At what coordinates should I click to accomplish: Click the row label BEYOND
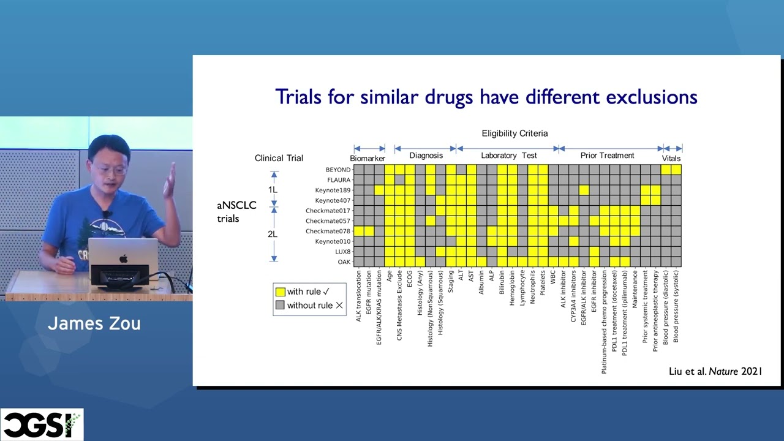point(338,170)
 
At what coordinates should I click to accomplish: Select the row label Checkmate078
point(328,231)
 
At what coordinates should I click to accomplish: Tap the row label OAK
point(344,262)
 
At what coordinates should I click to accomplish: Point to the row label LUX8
point(342,252)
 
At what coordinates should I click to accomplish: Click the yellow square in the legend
point(281,292)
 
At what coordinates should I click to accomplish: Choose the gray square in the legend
point(281,305)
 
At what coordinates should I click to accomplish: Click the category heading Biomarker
point(367,158)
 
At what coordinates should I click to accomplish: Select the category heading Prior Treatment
point(607,156)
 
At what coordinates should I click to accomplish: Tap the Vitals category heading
point(671,158)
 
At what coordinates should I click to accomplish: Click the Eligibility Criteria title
point(514,133)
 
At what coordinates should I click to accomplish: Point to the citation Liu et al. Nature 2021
point(715,371)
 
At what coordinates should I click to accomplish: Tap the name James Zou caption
point(94,323)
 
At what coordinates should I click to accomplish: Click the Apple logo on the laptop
point(124,258)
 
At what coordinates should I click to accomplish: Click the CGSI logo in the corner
point(41,424)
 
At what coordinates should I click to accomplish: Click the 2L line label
point(273,234)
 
